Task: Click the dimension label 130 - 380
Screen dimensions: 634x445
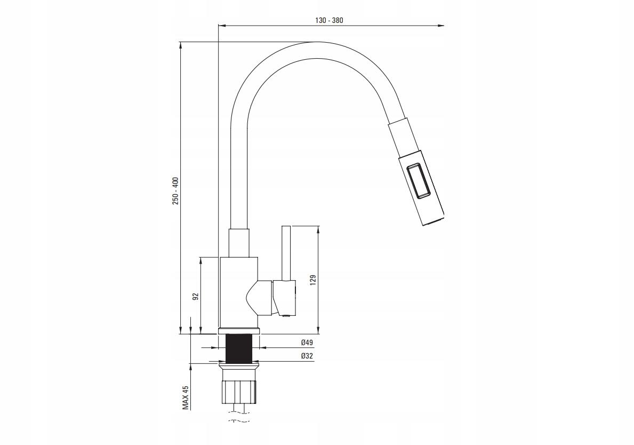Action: [x=329, y=21]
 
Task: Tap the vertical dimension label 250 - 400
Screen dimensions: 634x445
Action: [x=175, y=190]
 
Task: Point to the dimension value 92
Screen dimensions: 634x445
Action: [x=196, y=296]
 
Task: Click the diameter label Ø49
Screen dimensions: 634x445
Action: [x=307, y=343]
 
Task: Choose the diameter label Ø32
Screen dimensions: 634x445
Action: [x=307, y=356]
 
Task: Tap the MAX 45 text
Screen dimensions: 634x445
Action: [x=186, y=398]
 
